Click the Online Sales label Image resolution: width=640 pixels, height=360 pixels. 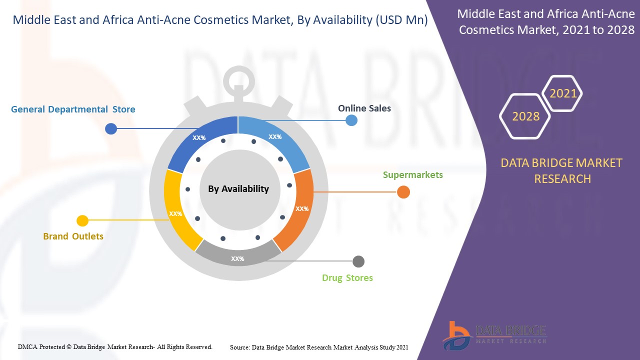pyautogui.click(x=364, y=108)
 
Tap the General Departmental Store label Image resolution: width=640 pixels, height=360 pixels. pyautogui.click(x=73, y=109)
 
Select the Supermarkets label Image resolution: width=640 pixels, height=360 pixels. pyautogui.click(x=412, y=174)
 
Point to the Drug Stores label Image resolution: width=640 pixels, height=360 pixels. pyautogui.click(x=347, y=277)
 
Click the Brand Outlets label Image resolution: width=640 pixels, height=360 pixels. pyautogui.click(x=73, y=236)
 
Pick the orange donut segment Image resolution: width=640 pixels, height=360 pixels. pyautogui.click(x=297, y=210)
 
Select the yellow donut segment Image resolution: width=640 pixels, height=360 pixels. pyautogui.click(x=178, y=210)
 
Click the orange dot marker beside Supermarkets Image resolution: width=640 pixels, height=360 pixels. pyautogui.click(x=403, y=192)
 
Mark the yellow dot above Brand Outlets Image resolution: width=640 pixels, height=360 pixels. pyautogui.click(x=82, y=220)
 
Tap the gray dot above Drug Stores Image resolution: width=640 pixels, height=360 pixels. pyautogui.click(x=358, y=261)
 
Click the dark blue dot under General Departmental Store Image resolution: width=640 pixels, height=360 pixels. pyautogui.click(x=111, y=129)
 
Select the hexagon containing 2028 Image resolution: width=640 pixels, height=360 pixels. pyautogui.click(x=525, y=116)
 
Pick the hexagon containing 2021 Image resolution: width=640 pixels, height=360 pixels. pyautogui.click(x=563, y=93)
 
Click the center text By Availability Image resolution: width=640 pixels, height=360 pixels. pyautogui.click(x=238, y=188)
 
